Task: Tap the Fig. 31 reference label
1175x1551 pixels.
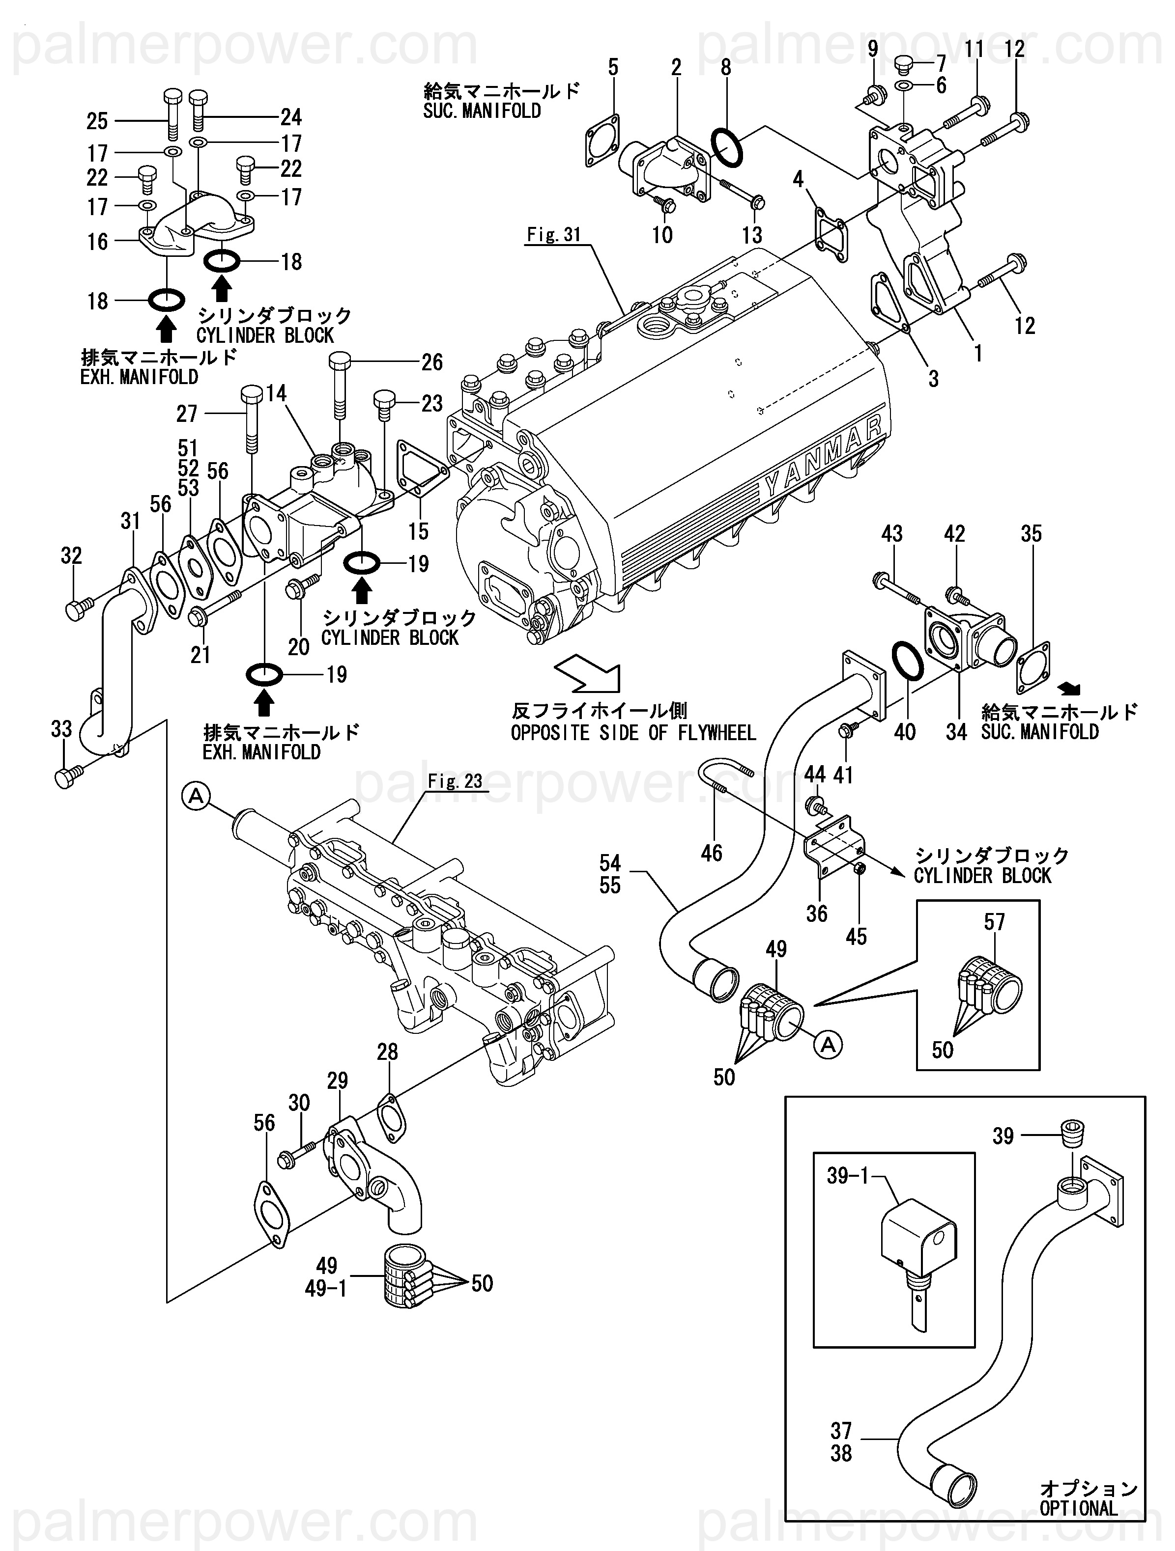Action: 553,235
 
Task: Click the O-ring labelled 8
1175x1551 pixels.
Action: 727,148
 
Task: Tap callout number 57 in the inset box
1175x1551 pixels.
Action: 994,921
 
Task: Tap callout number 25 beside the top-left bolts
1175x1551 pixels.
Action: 97,121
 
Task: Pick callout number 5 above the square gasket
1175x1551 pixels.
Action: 613,68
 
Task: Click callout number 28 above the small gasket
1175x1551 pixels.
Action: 387,1052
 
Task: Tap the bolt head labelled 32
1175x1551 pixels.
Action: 74,610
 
